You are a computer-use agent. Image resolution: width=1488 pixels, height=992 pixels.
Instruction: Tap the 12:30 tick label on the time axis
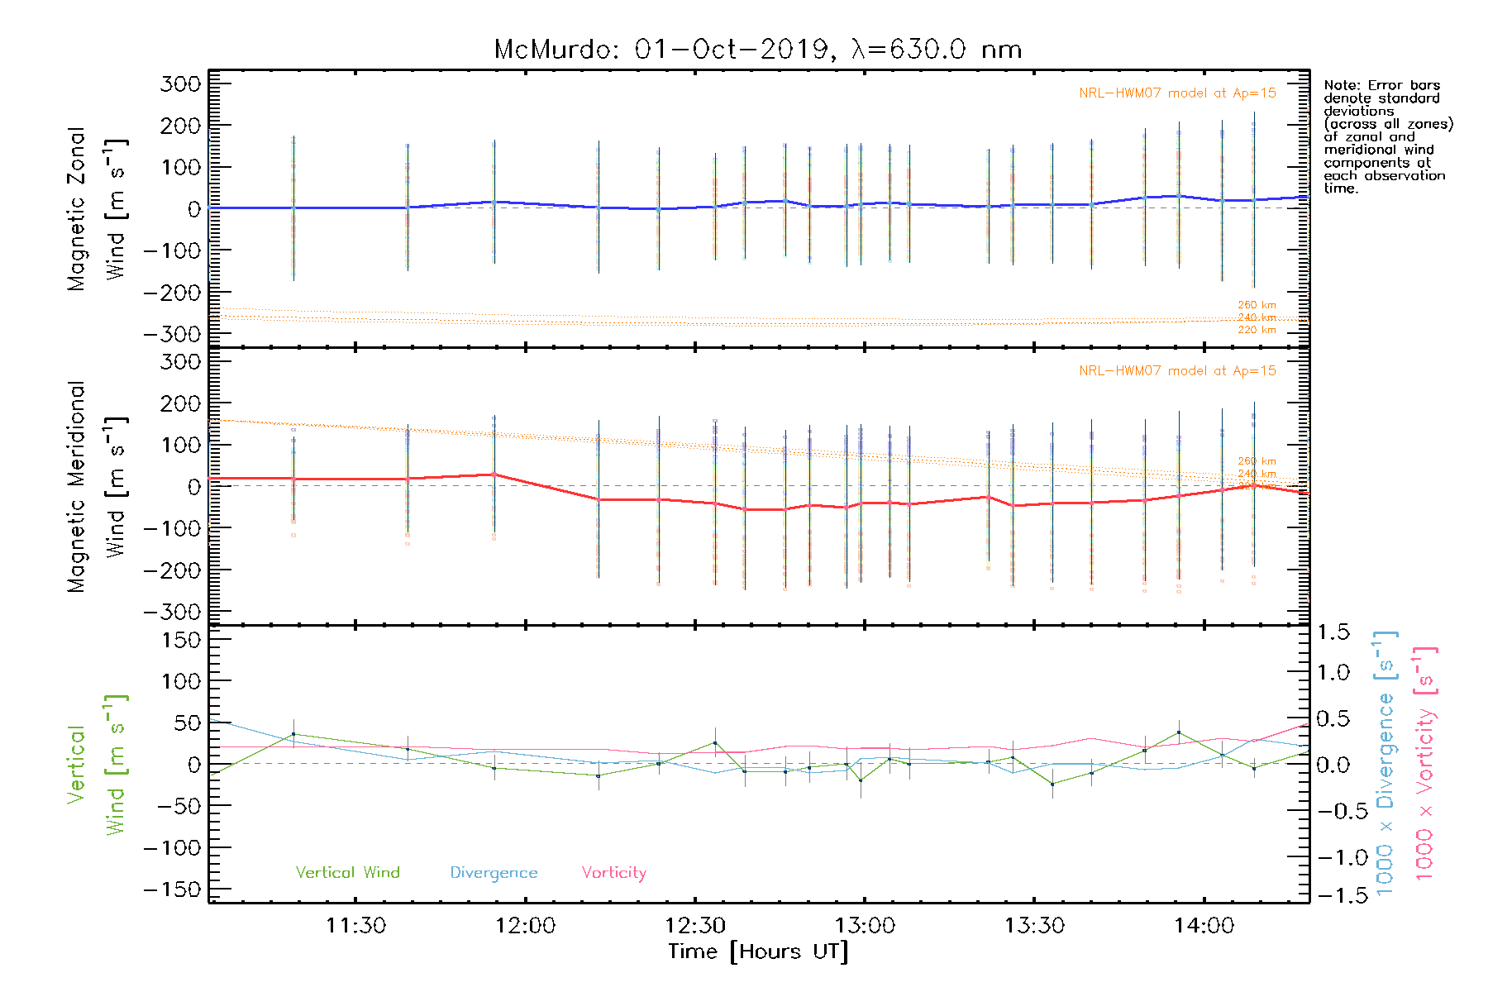tap(695, 926)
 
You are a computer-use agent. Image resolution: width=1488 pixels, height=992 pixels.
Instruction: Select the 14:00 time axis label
tap(1204, 926)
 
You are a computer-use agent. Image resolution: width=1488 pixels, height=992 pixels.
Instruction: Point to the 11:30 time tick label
tap(355, 926)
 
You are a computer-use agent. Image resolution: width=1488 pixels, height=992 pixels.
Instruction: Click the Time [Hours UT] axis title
tap(758, 951)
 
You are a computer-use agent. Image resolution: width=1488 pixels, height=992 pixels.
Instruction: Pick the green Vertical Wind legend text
tap(347, 873)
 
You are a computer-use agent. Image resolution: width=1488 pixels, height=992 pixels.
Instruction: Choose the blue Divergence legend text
tap(494, 873)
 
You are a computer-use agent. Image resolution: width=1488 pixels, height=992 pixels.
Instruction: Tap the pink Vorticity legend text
tap(613, 873)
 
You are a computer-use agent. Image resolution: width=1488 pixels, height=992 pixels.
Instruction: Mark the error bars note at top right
tap(1387, 136)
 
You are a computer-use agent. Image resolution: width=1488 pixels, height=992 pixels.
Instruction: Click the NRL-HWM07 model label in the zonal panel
tap(1177, 93)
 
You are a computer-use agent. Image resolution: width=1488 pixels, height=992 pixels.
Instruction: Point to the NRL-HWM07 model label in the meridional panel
tap(1177, 371)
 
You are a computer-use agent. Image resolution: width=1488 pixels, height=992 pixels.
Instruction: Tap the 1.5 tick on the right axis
tap(1333, 632)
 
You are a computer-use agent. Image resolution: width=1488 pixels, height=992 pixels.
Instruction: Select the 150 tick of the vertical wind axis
tap(180, 640)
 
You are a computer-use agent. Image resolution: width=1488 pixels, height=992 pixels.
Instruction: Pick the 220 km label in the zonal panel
tap(1257, 330)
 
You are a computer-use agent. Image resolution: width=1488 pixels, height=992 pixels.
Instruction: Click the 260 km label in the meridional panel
tap(1257, 461)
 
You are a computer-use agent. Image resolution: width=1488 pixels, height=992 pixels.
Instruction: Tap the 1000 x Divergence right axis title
tap(1385, 763)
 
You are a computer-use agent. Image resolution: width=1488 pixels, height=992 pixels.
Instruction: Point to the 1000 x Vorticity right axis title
tap(1424, 763)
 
